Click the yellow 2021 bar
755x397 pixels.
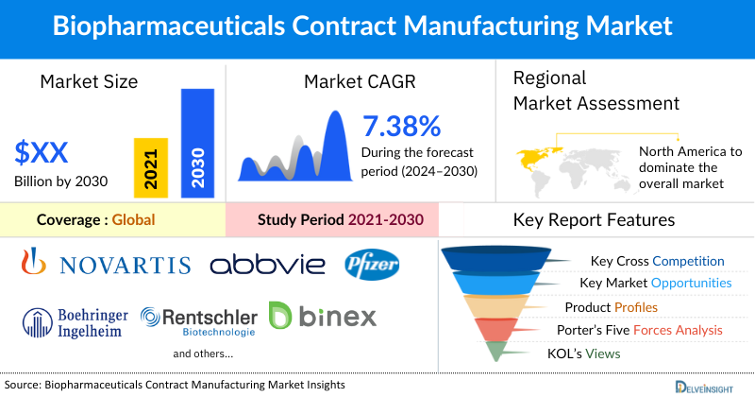(146, 165)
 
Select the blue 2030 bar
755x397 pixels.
(196, 142)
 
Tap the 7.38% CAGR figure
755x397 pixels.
(402, 126)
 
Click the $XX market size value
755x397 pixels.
(42, 151)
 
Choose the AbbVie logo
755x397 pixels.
(267, 264)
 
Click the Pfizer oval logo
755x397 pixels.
(372, 263)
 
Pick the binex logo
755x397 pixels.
(322, 315)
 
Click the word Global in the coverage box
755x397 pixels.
(133, 220)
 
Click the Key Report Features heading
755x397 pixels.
(594, 220)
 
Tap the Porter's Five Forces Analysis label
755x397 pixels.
(645, 330)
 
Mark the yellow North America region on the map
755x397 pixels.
(537, 155)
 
